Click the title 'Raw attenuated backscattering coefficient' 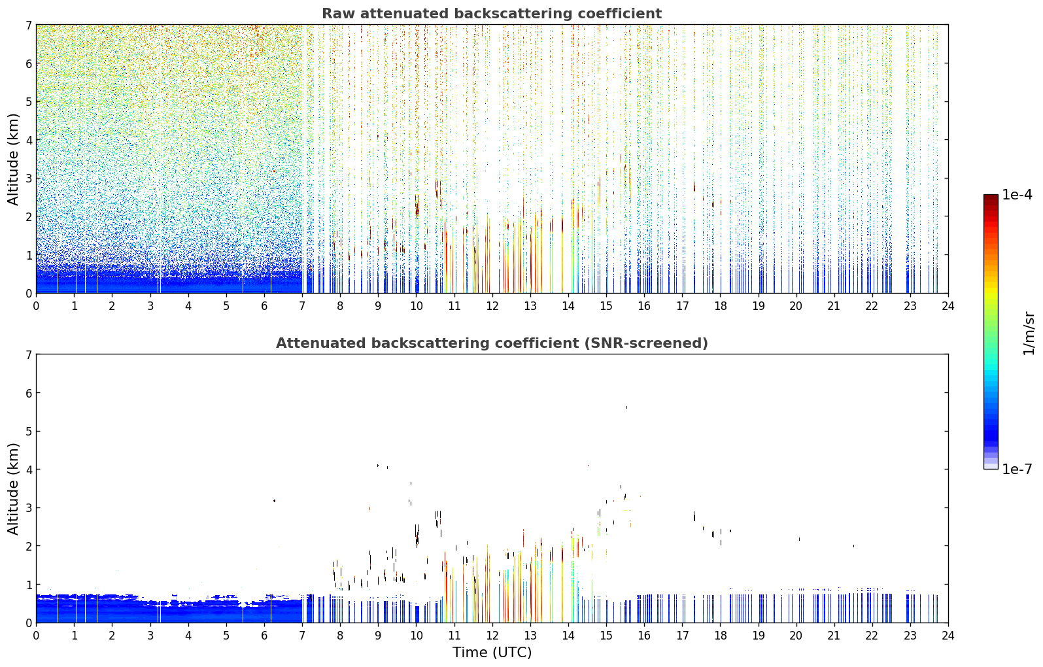(x=492, y=14)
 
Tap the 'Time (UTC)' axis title (x=492, y=652)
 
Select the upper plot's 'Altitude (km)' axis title (x=12, y=160)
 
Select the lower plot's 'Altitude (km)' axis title (x=12, y=488)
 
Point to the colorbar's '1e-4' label (x=1017, y=195)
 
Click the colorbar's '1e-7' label (x=1017, y=469)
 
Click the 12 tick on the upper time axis (x=492, y=306)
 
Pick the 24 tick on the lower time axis (x=948, y=636)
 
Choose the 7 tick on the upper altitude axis (x=28, y=25)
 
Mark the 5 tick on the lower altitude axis (x=28, y=432)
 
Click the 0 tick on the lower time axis (x=37, y=636)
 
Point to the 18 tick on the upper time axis (x=721, y=306)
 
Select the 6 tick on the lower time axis (x=264, y=636)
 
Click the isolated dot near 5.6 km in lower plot (x=626, y=407)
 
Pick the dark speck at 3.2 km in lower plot (x=274, y=501)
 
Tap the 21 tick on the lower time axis (x=834, y=636)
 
